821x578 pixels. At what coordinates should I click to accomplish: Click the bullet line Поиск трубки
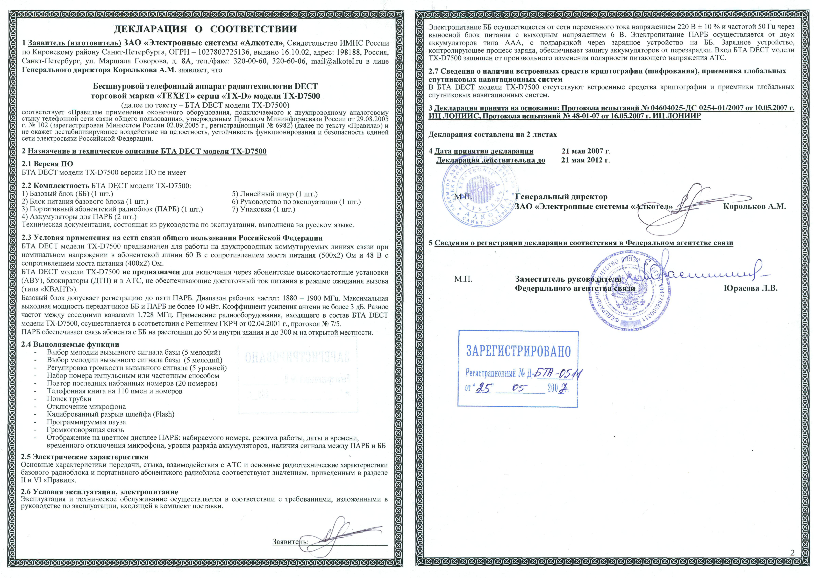pyautogui.click(x=69, y=399)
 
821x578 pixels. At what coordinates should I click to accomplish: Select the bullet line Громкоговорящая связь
pyautogui.click(x=85, y=430)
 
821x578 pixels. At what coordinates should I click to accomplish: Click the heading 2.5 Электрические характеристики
pyautogui.click(x=85, y=457)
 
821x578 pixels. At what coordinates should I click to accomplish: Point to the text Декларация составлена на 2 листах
pyautogui.click(x=492, y=135)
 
